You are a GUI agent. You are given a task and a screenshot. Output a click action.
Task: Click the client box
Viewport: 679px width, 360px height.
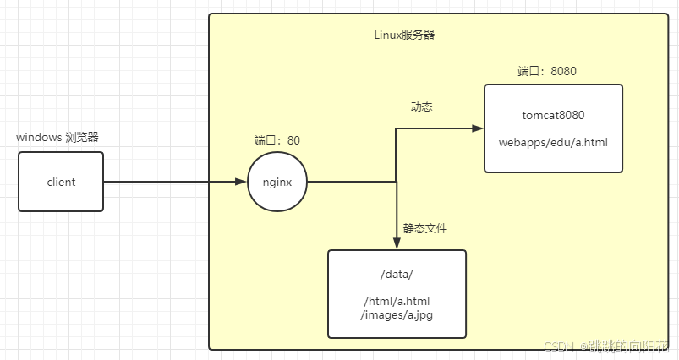61,182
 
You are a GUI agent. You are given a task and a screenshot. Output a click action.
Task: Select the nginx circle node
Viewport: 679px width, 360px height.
277,182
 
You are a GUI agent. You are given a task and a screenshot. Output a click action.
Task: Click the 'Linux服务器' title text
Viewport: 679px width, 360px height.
404,35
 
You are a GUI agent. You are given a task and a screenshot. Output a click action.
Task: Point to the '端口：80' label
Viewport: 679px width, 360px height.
277,140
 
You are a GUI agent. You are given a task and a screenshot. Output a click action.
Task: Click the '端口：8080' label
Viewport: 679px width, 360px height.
547,71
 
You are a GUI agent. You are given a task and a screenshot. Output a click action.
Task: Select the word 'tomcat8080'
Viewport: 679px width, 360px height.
554,115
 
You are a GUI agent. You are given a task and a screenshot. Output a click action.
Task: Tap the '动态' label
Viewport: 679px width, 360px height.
422,107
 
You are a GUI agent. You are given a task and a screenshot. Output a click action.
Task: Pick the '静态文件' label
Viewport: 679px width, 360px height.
424,228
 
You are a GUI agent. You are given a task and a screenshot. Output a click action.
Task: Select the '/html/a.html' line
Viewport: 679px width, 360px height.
397,302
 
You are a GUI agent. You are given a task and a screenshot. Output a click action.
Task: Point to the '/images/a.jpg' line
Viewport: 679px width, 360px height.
397,315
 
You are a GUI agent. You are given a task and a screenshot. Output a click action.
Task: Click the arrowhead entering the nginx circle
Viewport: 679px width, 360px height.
242,182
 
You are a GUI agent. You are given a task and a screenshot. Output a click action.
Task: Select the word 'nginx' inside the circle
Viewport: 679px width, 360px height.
277,182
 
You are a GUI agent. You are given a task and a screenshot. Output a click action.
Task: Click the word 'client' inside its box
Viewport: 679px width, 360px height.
61,182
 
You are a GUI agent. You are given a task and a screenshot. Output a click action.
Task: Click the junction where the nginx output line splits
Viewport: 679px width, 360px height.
397,181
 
